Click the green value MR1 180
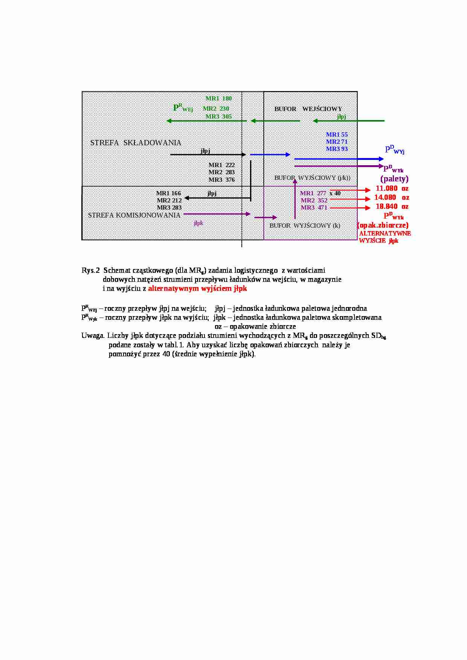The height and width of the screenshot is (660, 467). (x=218, y=99)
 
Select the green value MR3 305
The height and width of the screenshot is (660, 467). (x=218, y=117)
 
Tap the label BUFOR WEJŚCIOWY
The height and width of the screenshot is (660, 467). (x=308, y=109)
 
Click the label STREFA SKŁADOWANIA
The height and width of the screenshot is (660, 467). (x=136, y=143)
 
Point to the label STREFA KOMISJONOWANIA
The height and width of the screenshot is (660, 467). (x=134, y=215)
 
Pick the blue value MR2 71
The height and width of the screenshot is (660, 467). (x=337, y=142)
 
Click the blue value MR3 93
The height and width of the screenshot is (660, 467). (x=337, y=149)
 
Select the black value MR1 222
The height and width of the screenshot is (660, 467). (x=221, y=165)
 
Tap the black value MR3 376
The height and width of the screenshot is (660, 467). (x=221, y=180)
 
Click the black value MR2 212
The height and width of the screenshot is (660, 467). (x=169, y=201)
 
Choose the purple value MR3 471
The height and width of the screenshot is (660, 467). (x=314, y=208)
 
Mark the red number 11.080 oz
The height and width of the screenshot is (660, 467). (x=392, y=189)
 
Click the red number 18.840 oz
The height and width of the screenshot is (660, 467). (x=392, y=207)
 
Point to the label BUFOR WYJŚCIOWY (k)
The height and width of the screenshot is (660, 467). (x=305, y=226)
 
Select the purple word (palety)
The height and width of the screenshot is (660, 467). (x=394, y=179)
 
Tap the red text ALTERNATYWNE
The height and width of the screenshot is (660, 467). (x=385, y=233)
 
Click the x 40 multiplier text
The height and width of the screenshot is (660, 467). (x=335, y=193)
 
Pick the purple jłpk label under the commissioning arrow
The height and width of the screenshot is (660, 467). (x=198, y=223)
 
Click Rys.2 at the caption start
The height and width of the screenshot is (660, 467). (x=90, y=271)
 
